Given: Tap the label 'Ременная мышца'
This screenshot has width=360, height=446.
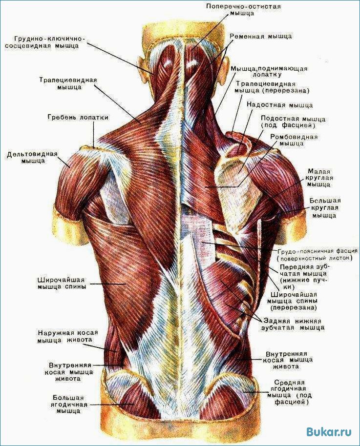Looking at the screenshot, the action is pyautogui.click(x=261, y=37).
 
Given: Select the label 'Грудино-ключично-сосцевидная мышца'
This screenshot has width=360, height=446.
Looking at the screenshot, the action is pyautogui.click(x=45, y=42).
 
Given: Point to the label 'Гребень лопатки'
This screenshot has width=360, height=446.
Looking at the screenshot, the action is pyautogui.click(x=78, y=117).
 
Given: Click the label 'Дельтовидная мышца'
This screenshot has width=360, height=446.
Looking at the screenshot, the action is pyautogui.click(x=32, y=157).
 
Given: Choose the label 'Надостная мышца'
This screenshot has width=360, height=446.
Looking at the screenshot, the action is pyautogui.click(x=280, y=105).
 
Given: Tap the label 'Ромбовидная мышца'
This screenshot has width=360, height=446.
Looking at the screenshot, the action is pyautogui.click(x=294, y=140).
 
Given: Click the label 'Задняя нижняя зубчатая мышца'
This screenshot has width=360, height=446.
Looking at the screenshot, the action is pyautogui.click(x=293, y=324).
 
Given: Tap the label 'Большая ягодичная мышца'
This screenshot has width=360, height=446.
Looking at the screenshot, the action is pyautogui.click(x=68, y=404).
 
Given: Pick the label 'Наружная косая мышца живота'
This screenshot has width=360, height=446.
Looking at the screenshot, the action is pyautogui.click(x=68, y=336).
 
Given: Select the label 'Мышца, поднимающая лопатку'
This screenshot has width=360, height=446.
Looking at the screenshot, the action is pyautogui.click(x=269, y=71).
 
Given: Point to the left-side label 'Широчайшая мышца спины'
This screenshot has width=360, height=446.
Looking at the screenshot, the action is pyautogui.click(x=62, y=284).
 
